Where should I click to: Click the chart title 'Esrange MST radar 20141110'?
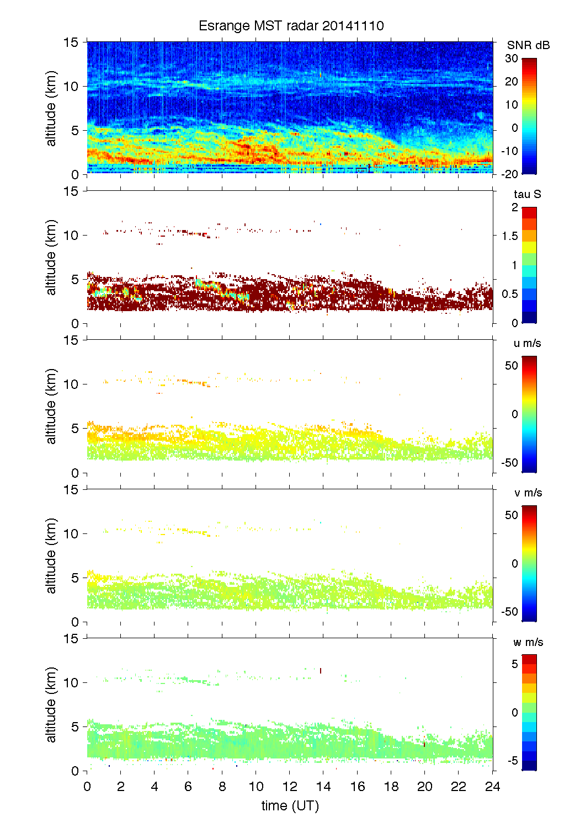tap(291, 26)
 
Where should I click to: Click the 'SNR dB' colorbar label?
tap(528, 45)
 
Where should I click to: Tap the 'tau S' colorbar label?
tap(527, 194)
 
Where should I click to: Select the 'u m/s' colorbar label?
tap(527, 343)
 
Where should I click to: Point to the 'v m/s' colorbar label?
tap(527, 493)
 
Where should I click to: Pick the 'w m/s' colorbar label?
tap(528, 642)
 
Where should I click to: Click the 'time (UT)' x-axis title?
tap(290, 806)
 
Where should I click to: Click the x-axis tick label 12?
tap(290, 787)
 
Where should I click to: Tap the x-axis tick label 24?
tap(492, 787)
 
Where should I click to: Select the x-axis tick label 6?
tap(188, 787)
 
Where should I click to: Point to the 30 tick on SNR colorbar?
tap(511, 58)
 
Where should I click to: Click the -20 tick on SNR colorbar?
tap(509, 174)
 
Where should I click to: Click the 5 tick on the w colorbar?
tap(514, 664)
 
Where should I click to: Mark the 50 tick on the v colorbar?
tap(511, 515)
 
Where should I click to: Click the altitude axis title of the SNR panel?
tap(51, 108)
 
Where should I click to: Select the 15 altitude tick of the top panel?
tap(72, 42)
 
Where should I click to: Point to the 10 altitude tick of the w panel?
tap(72, 683)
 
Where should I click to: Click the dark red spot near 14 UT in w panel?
tap(321, 671)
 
